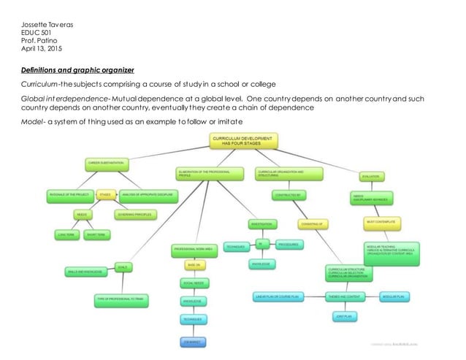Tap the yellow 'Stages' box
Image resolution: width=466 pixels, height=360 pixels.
[x=105, y=195]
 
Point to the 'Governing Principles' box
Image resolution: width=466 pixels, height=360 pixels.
[x=140, y=215]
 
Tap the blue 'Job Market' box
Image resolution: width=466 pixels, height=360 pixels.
[x=192, y=341]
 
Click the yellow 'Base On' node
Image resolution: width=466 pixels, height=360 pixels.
[x=194, y=265]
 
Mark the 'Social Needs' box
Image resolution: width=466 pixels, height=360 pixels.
[x=193, y=282]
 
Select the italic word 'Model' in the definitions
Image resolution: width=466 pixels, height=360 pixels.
[x=31, y=120]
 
